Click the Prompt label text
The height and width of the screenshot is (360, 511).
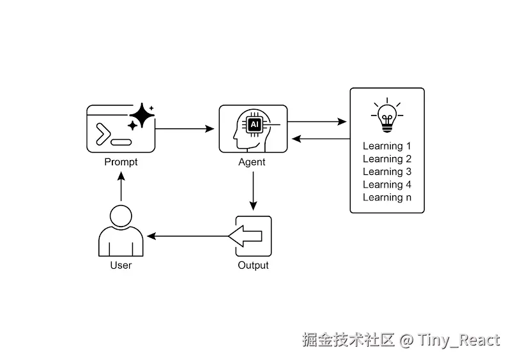coord(121,162)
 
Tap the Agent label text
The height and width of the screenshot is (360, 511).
coord(252,162)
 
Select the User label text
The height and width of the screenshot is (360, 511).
coord(121,265)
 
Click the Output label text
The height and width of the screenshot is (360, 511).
coord(253,265)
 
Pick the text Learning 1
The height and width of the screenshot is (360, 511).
coord(387,146)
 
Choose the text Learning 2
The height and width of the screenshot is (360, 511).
coord(387,159)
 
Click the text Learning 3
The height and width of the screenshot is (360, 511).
coord(387,172)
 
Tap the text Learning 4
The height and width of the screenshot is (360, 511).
coord(387,184)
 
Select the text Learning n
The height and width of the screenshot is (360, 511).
coord(387,197)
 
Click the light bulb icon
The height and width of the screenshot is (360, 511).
coord(386,116)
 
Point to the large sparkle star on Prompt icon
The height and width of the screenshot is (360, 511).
coord(142,116)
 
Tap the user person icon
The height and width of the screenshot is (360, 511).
coord(121,231)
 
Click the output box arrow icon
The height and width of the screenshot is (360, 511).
coord(252,236)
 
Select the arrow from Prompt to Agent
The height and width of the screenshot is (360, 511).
coord(185,129)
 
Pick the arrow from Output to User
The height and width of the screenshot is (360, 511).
coord(188,236)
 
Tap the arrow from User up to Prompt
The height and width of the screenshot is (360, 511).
coord(121,186)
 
